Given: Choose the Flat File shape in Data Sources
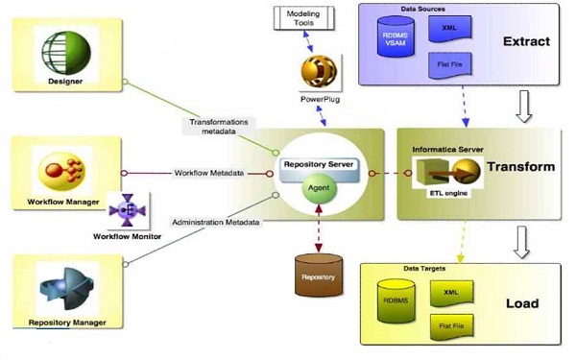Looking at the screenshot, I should point(447,65).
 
